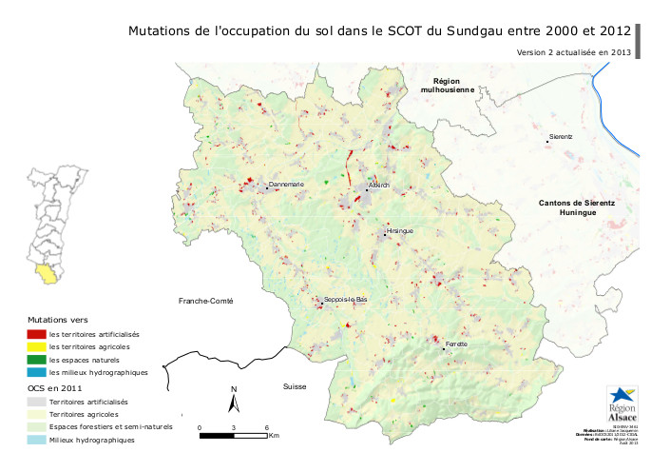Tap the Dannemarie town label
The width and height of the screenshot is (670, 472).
[x=286, y=184]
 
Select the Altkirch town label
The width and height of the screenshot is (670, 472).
[x=379, y=186]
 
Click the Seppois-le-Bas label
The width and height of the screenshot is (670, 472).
[x=345, y=300]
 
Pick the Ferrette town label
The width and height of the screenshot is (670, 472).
[x=456, y=343]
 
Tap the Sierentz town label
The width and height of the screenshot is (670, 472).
[x=561, y=137]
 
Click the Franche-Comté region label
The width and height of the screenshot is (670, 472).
[x=205, y=301]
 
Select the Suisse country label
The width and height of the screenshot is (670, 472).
[x=295, y=387]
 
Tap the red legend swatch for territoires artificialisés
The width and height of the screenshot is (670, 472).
[x=36, y=334]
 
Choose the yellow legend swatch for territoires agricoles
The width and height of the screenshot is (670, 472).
[x=36, y=347]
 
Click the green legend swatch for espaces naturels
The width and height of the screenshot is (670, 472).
[x=36, y=361]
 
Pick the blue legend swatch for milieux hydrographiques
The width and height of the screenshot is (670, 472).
[x=36, y=373]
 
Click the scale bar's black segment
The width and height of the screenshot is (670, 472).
[x=216, y=436]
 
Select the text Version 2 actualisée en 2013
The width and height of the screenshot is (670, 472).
[x=573, y=51]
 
